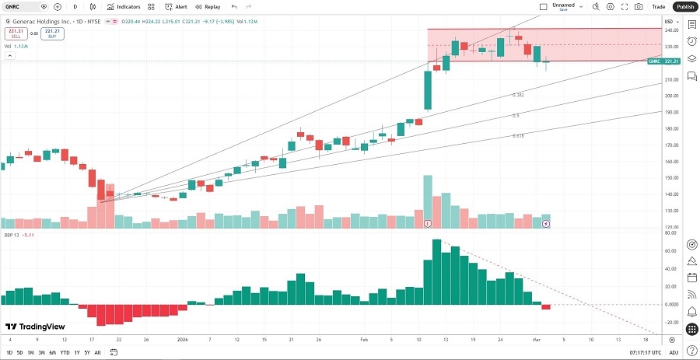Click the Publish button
tap(684, 6)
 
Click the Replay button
tap(208, 6)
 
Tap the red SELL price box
tap(15, 33)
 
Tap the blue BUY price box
tap(51, 33)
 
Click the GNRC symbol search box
tap(23, 6)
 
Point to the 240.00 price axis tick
tap(670, 30)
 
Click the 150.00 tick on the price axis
tap(670, 178)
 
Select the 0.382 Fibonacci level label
tap(517, 95)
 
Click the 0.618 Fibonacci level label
tap(517, 135)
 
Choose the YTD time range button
tap(64, 352)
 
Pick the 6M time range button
tap(51, 352)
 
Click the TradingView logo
tap(35, 327)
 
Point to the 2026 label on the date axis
tap(183, 340)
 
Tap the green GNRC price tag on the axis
tap(665, 61)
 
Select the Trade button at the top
tap(658, 6)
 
